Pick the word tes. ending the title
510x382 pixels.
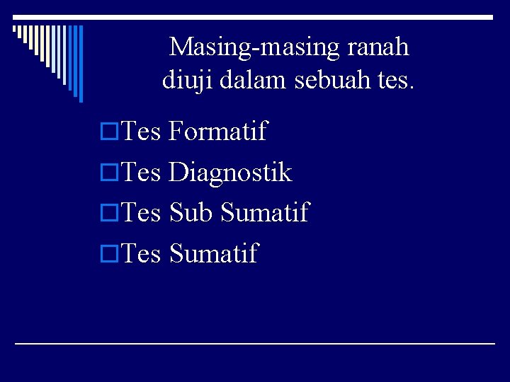[393, 81]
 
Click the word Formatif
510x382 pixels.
[217, 131]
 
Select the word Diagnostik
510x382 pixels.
[230, 172]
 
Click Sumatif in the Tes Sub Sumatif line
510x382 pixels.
[265, 212]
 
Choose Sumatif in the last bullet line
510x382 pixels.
[214, 253]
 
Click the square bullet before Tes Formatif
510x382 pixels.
[109, 132]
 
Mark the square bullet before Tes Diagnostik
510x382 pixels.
[109, 173]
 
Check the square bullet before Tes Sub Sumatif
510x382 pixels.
[109, 213]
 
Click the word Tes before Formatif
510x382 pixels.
[142, 131]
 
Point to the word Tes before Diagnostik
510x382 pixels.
[142, 172]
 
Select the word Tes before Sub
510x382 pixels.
[142, 212]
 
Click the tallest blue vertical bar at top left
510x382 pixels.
[80, 64]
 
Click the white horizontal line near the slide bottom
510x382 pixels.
[255, 343]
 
